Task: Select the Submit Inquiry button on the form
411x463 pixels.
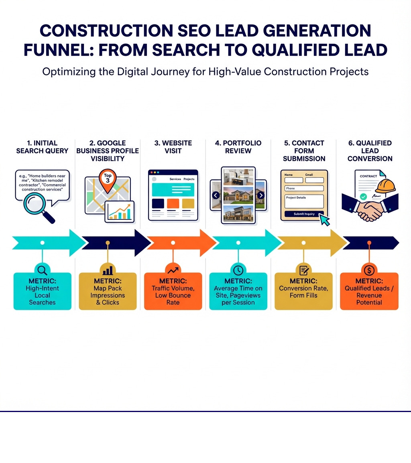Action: click(304, 214)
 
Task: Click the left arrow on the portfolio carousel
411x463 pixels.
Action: click(216, 195)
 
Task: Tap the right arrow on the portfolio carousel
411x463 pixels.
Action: click(261, 195)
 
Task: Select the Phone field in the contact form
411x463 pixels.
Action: click(304, 188)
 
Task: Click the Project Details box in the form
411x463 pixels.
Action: click(304, 201)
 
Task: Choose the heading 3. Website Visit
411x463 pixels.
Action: click(173, 147)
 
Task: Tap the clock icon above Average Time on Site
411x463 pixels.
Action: click(238, 270)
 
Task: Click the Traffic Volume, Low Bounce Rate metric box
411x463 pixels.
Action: click(173, 291)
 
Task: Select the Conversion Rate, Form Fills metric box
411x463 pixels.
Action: click(303, 291)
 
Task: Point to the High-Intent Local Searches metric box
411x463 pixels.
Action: click(42, 291)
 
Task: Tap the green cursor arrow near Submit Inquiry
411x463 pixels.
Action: click(324, 219)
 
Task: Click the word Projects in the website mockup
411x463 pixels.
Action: click(189, 179)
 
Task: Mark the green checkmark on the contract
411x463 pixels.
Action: click(363, 197)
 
